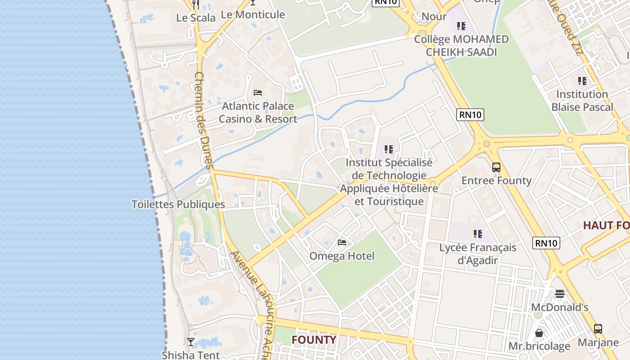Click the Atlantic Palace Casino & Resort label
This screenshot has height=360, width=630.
tap(258, 112)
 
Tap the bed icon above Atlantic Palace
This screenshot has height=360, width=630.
tap(258, 93)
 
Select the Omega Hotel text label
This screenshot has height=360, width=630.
tap(342, 256)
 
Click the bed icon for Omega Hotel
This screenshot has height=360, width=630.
tap(342, 243)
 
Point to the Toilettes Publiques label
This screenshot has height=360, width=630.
tap(178, 204)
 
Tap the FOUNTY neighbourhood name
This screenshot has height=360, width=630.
tap(314, 339)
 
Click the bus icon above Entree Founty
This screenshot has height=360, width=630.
tap(496, 167)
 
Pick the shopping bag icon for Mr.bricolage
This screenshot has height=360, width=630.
tap(539, 333)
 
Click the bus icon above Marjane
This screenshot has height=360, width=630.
tap(598, 329)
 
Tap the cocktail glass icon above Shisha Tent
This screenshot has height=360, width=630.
tap(191, 342)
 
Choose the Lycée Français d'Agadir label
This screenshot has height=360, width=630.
tap(478, 254)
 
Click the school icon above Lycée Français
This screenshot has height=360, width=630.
tap(478, 234)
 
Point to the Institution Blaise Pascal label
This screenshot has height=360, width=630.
tap(582, 101)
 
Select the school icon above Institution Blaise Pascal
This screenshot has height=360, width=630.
tap(582, 81)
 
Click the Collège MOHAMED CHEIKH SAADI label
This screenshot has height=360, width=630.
tap(461, 45)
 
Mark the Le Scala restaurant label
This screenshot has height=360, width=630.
tap(196, 18)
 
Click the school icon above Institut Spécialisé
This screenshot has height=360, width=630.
tap(389, 149)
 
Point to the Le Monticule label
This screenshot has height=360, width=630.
tap(253, 14)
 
